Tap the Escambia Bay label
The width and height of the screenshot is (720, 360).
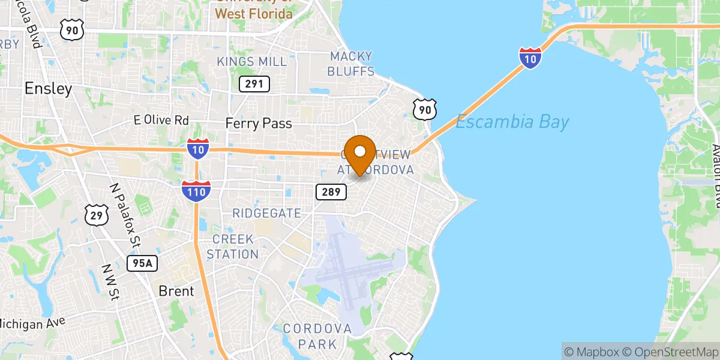(x=512, y=123)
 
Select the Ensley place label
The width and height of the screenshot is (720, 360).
(x=48, y=89)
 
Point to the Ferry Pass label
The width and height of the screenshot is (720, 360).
(x=259, y=124)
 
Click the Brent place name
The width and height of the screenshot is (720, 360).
(x=176, y=291)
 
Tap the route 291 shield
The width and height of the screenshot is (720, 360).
(x=254, y=84)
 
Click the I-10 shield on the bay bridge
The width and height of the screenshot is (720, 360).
(x=530, y=58)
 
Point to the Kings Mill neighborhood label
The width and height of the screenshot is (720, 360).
(x=252, y=62)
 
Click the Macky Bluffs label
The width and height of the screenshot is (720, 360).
(x=352, y=64)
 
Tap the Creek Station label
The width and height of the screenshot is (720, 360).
(x=233, y=247)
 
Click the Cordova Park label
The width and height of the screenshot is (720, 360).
(x=317, y=336)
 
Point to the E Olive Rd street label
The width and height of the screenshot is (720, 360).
(x=161, y=121)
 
